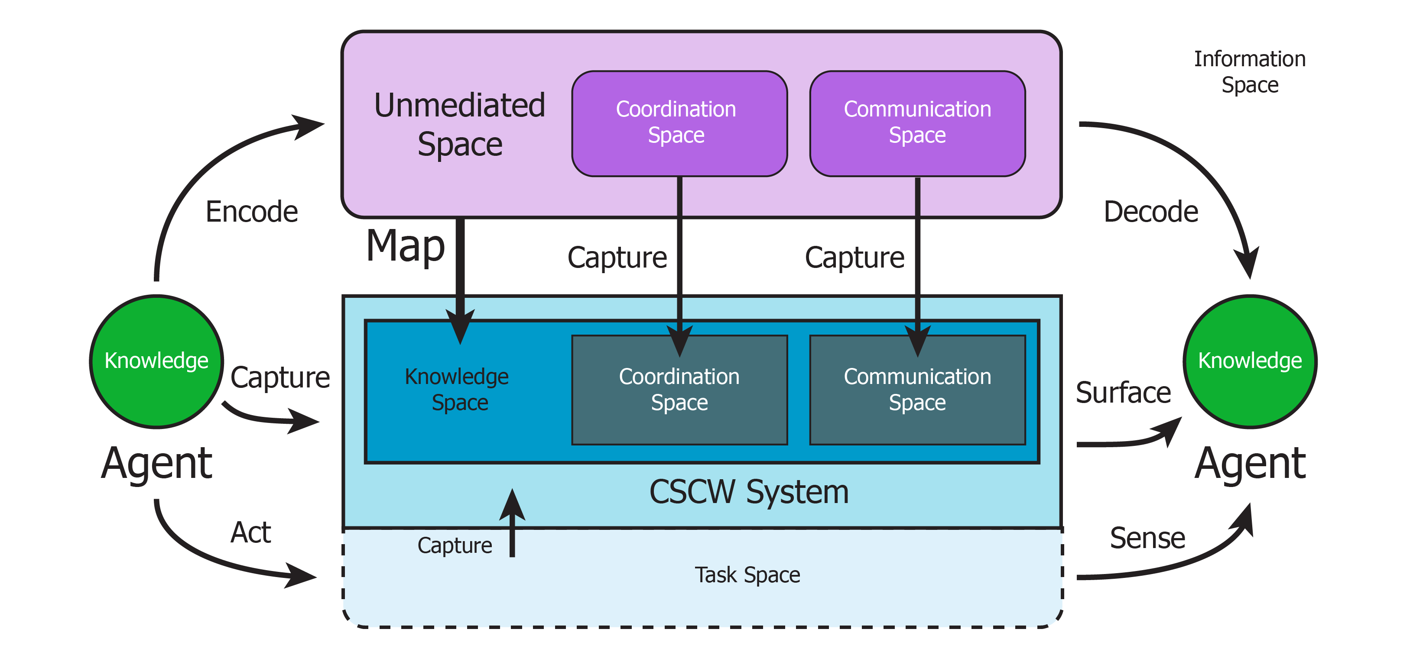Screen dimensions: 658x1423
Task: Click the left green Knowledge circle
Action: click(157, 361)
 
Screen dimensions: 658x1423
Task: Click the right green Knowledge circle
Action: click(1250, 361)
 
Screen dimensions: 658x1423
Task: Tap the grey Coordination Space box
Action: click(679, 390)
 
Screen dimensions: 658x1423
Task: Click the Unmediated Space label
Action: click(460, 125)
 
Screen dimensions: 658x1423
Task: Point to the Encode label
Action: click(251, 212)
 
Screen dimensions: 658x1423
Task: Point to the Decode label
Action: click(1151, 212)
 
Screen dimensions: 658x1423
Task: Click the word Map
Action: click(406, 246)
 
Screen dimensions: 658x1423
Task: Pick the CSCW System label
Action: click(748, 492)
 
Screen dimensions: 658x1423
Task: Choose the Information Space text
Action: click(1250, 72)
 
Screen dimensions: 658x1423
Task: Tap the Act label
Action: click(250, 533)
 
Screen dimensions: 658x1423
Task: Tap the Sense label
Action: click(1147, 538)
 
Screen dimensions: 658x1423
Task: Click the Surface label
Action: click(1123, 393)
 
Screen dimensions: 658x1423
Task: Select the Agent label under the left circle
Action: click(157, 464)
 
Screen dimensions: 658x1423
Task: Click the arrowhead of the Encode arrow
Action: click(309, 126)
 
